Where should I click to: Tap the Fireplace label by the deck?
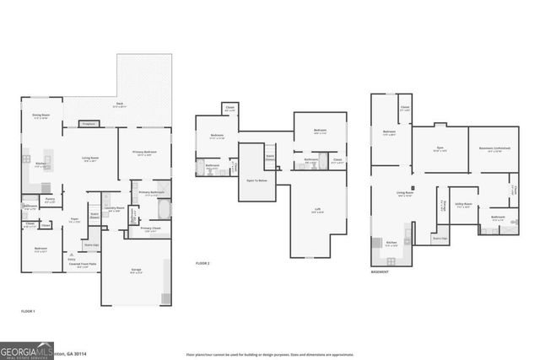pyautogui.click(x=88, y=125)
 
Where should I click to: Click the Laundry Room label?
pyautogui.click(x=115, y=207)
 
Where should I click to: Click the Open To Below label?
pyautogui.click(x=257, y=180)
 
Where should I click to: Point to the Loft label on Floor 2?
pyautogui.click(x=319, y=212)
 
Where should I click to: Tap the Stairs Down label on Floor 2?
pyautogui.click(x=271, y=157)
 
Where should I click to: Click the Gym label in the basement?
pyautogui.click(x=440, y=148)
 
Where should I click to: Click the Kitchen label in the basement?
pyautogui.click(x=391, y=244)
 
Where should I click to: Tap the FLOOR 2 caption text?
pyautogui.click(x=202, y=264)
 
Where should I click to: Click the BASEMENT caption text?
pyautogui.click(x=380, y=272)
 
